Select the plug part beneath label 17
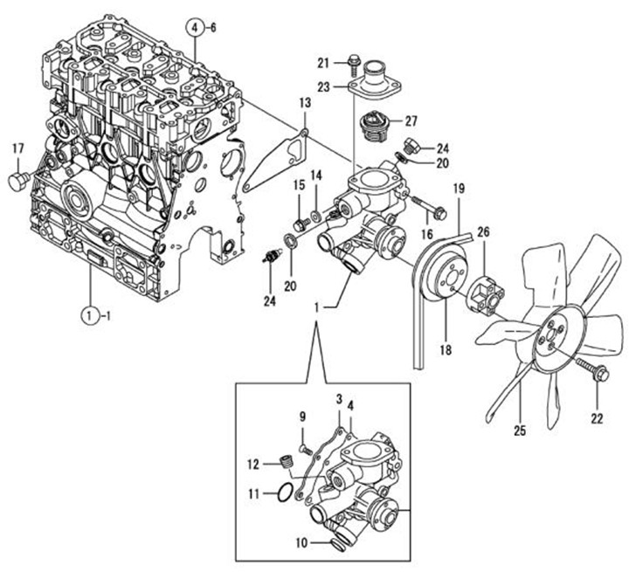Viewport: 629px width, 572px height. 17,183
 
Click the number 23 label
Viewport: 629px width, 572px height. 324,86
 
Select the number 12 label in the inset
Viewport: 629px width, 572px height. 252,463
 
